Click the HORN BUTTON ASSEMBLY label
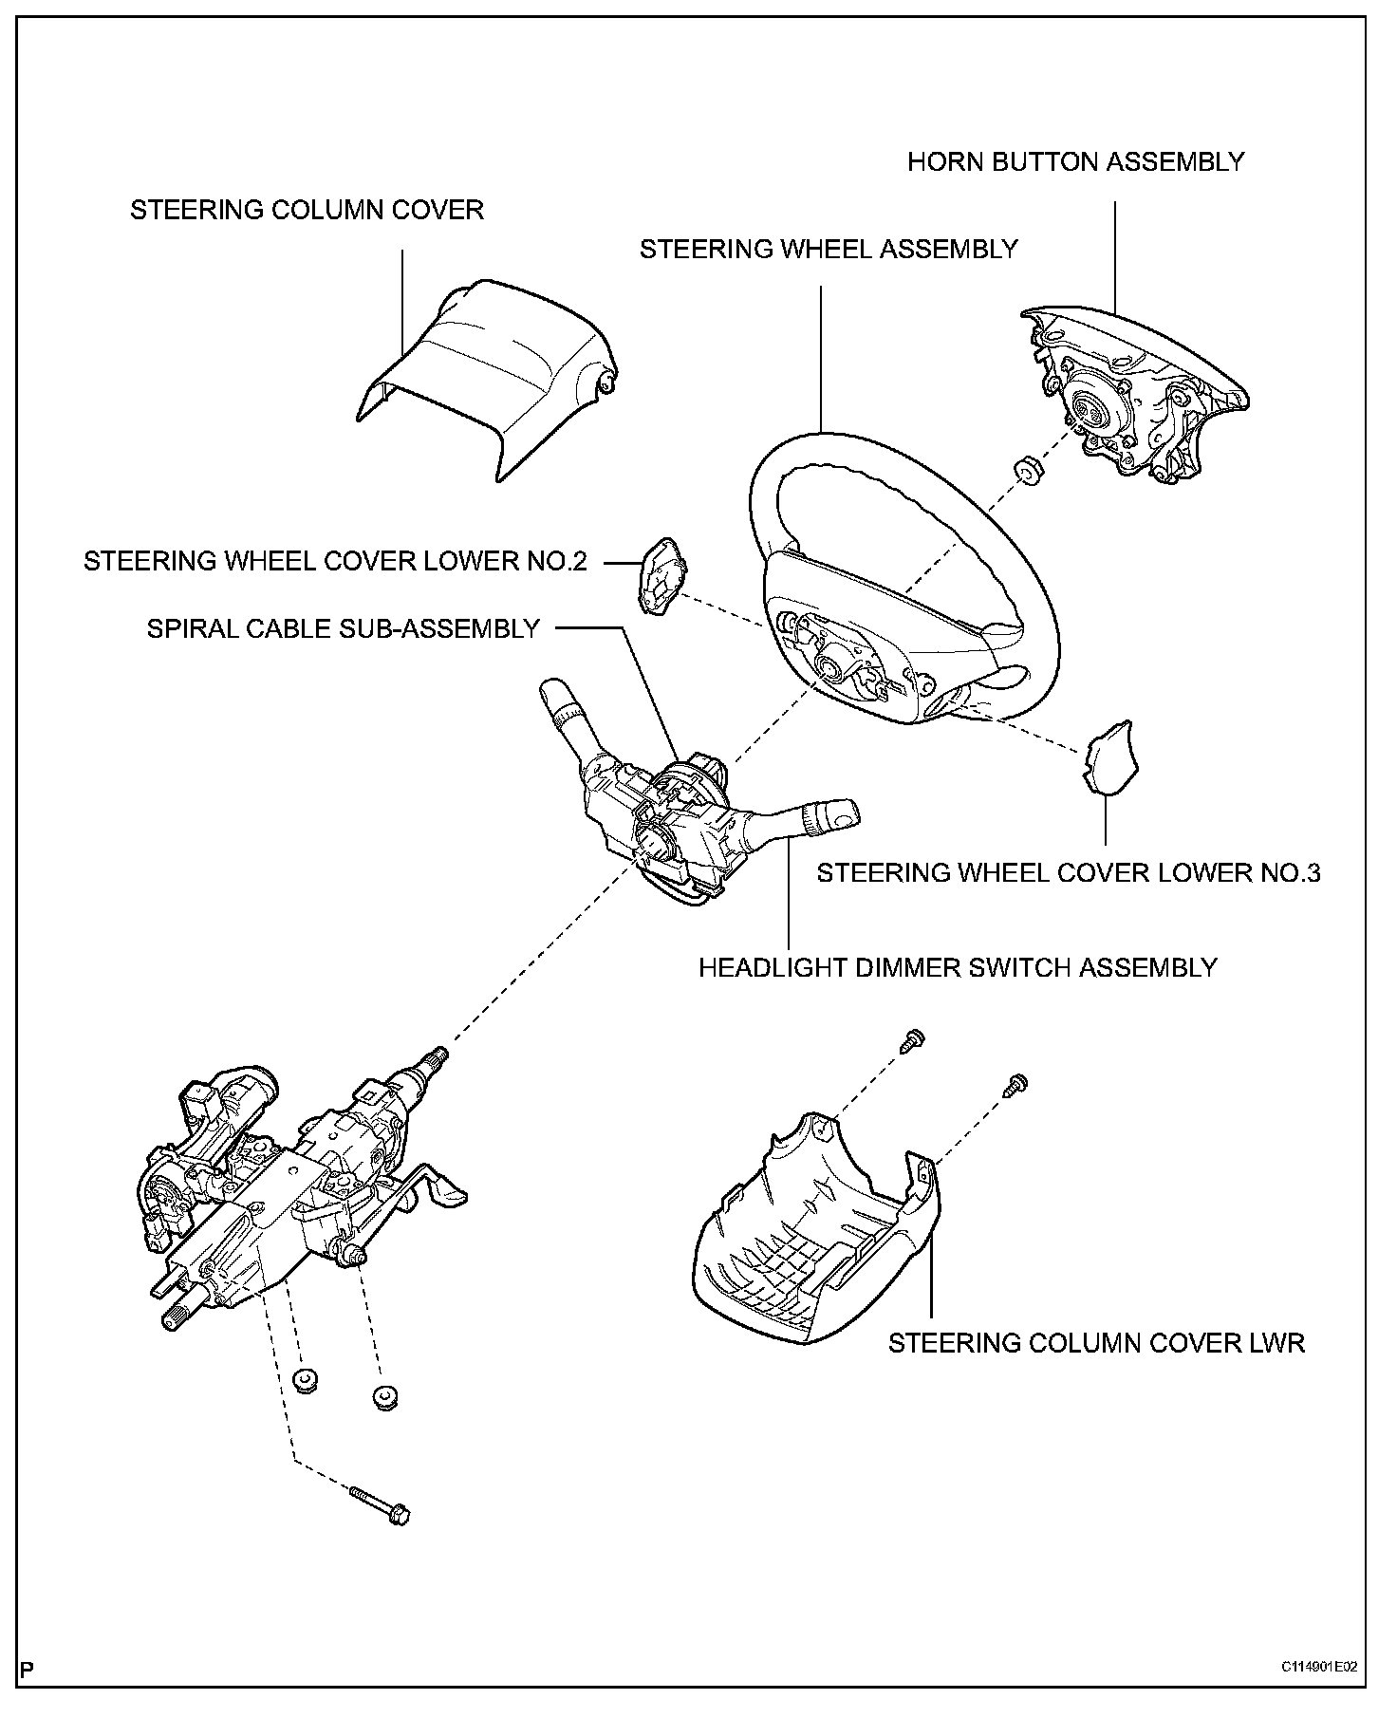1074,162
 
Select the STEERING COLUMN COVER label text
307,210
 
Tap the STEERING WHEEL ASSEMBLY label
828,250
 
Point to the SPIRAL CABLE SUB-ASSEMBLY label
343,628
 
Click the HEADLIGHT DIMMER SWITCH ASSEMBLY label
957,968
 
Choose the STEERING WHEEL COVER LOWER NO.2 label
335,561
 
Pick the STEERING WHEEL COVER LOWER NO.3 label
1068,873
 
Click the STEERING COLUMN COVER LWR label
1096,1344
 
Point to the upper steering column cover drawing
486,374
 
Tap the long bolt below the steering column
382,1507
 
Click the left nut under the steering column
304,1382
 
